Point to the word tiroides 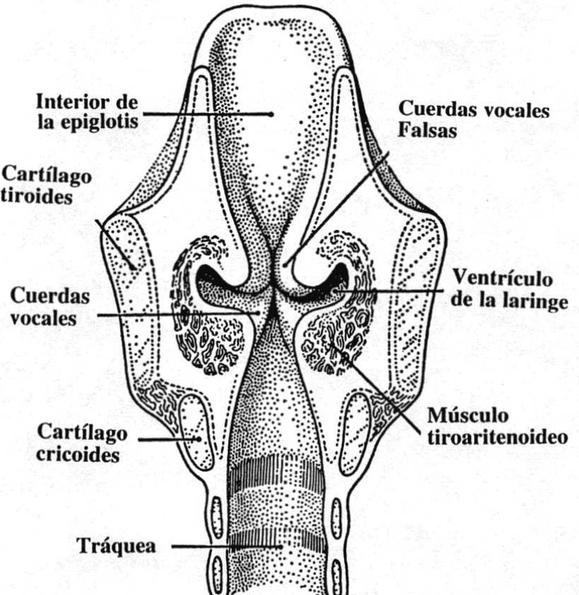click(x=36, y=196)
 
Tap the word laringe click(x=537, y=302)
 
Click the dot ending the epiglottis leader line click(x=270, y=113)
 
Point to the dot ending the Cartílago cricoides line click(x=198, y=440)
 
